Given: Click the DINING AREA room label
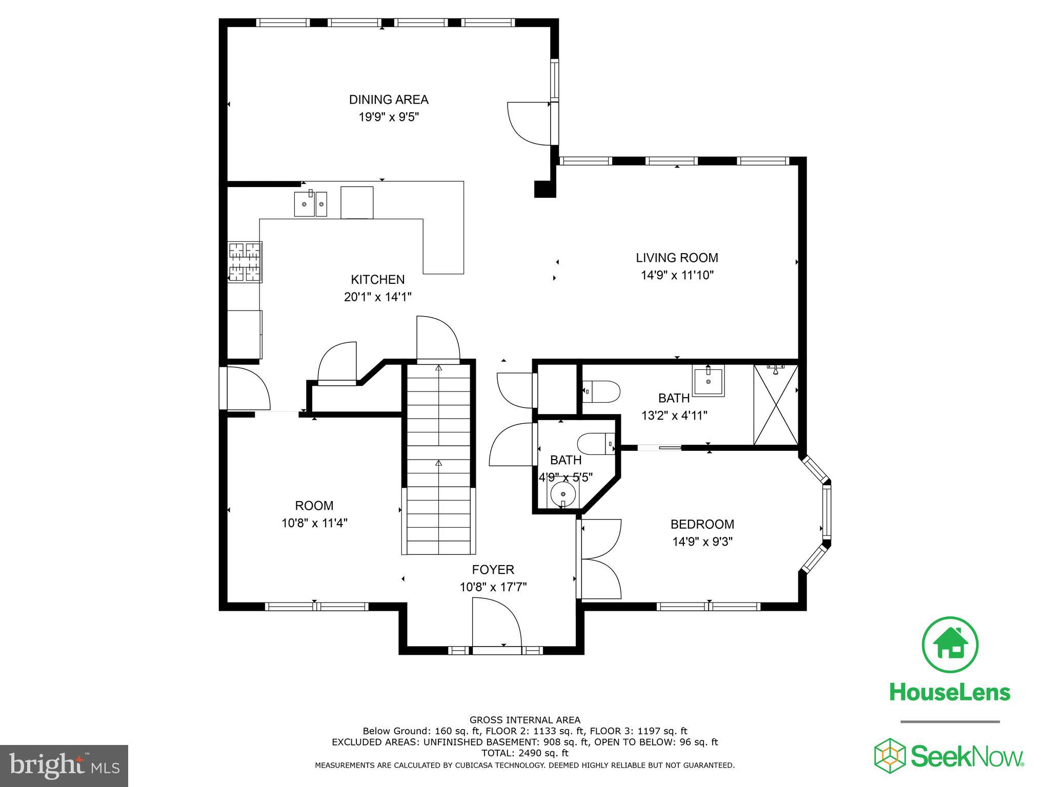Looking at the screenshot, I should (x=389, y=99).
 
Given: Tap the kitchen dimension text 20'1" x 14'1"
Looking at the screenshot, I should (x=378, y=297).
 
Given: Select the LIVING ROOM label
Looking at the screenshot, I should (x=677, y=258).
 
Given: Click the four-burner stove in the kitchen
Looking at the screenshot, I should (x=245, y=262).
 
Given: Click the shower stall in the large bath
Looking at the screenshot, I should (x=776, y=405).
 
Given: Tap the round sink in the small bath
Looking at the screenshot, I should (x=563, y=494).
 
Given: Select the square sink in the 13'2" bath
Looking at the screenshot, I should (x=709, y=381).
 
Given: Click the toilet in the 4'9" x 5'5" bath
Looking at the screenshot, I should (x=596, y=443).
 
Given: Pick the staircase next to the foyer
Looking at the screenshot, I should (x=439, y=459).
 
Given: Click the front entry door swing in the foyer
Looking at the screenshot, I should (x=497, y=628).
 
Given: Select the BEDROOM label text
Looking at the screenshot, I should (x=702, y=524).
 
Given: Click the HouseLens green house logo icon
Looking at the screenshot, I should (x=950, y=645).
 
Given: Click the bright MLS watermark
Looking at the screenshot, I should (x=64, y=765).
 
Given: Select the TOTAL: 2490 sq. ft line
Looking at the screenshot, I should (x=524, y=753).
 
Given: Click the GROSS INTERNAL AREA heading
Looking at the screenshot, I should (x=524, y=720).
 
